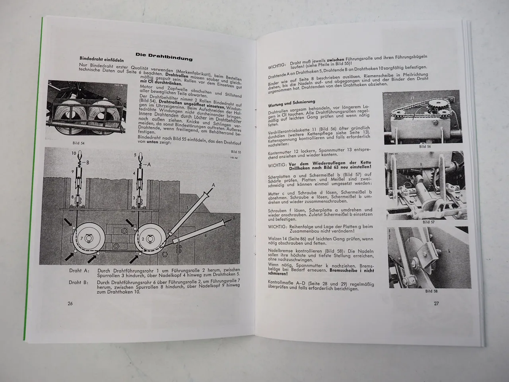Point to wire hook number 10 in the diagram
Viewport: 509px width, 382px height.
pos(74,153)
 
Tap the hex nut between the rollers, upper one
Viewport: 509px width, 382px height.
pos(121,231)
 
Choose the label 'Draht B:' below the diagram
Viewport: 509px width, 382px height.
pos(78,283)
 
